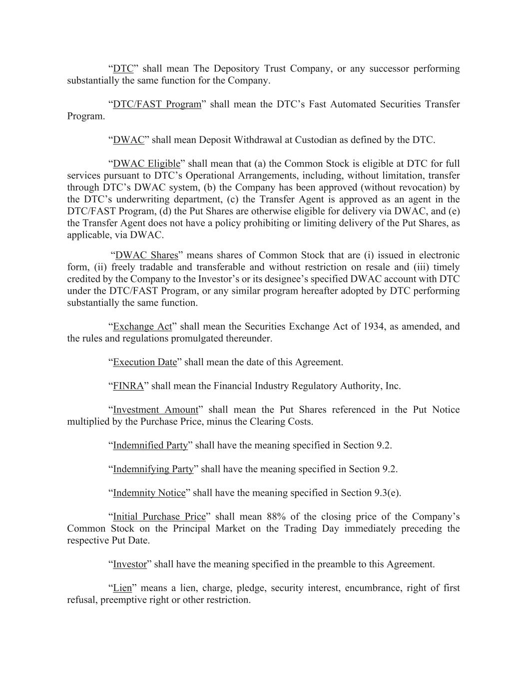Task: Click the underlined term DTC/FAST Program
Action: pyautogui.click(x=157, y=104)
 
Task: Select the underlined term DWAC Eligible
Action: pyautogui.click(x=146, y=164)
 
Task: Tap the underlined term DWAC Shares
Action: pyautogui.click(x=147, y=255)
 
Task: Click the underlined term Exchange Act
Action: pyautogui.click(x=142, y=327)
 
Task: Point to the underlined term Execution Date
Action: pyautogui.click(x=145, y=362)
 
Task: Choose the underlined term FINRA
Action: pyautogui.click(x=128, y=386)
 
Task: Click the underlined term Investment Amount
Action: pyautogui.click(x=155, y=410)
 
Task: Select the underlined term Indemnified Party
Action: pyautogui.click(x=150, y=446)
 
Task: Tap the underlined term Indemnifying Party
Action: pyautogui.click(x=153, y=469)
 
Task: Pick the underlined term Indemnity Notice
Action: pyautogui.click(x=149, y=493)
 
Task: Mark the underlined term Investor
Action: pyautogui.click(x=130, y=565)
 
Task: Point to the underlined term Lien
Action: pyautogui.click(x=122, y=588)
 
